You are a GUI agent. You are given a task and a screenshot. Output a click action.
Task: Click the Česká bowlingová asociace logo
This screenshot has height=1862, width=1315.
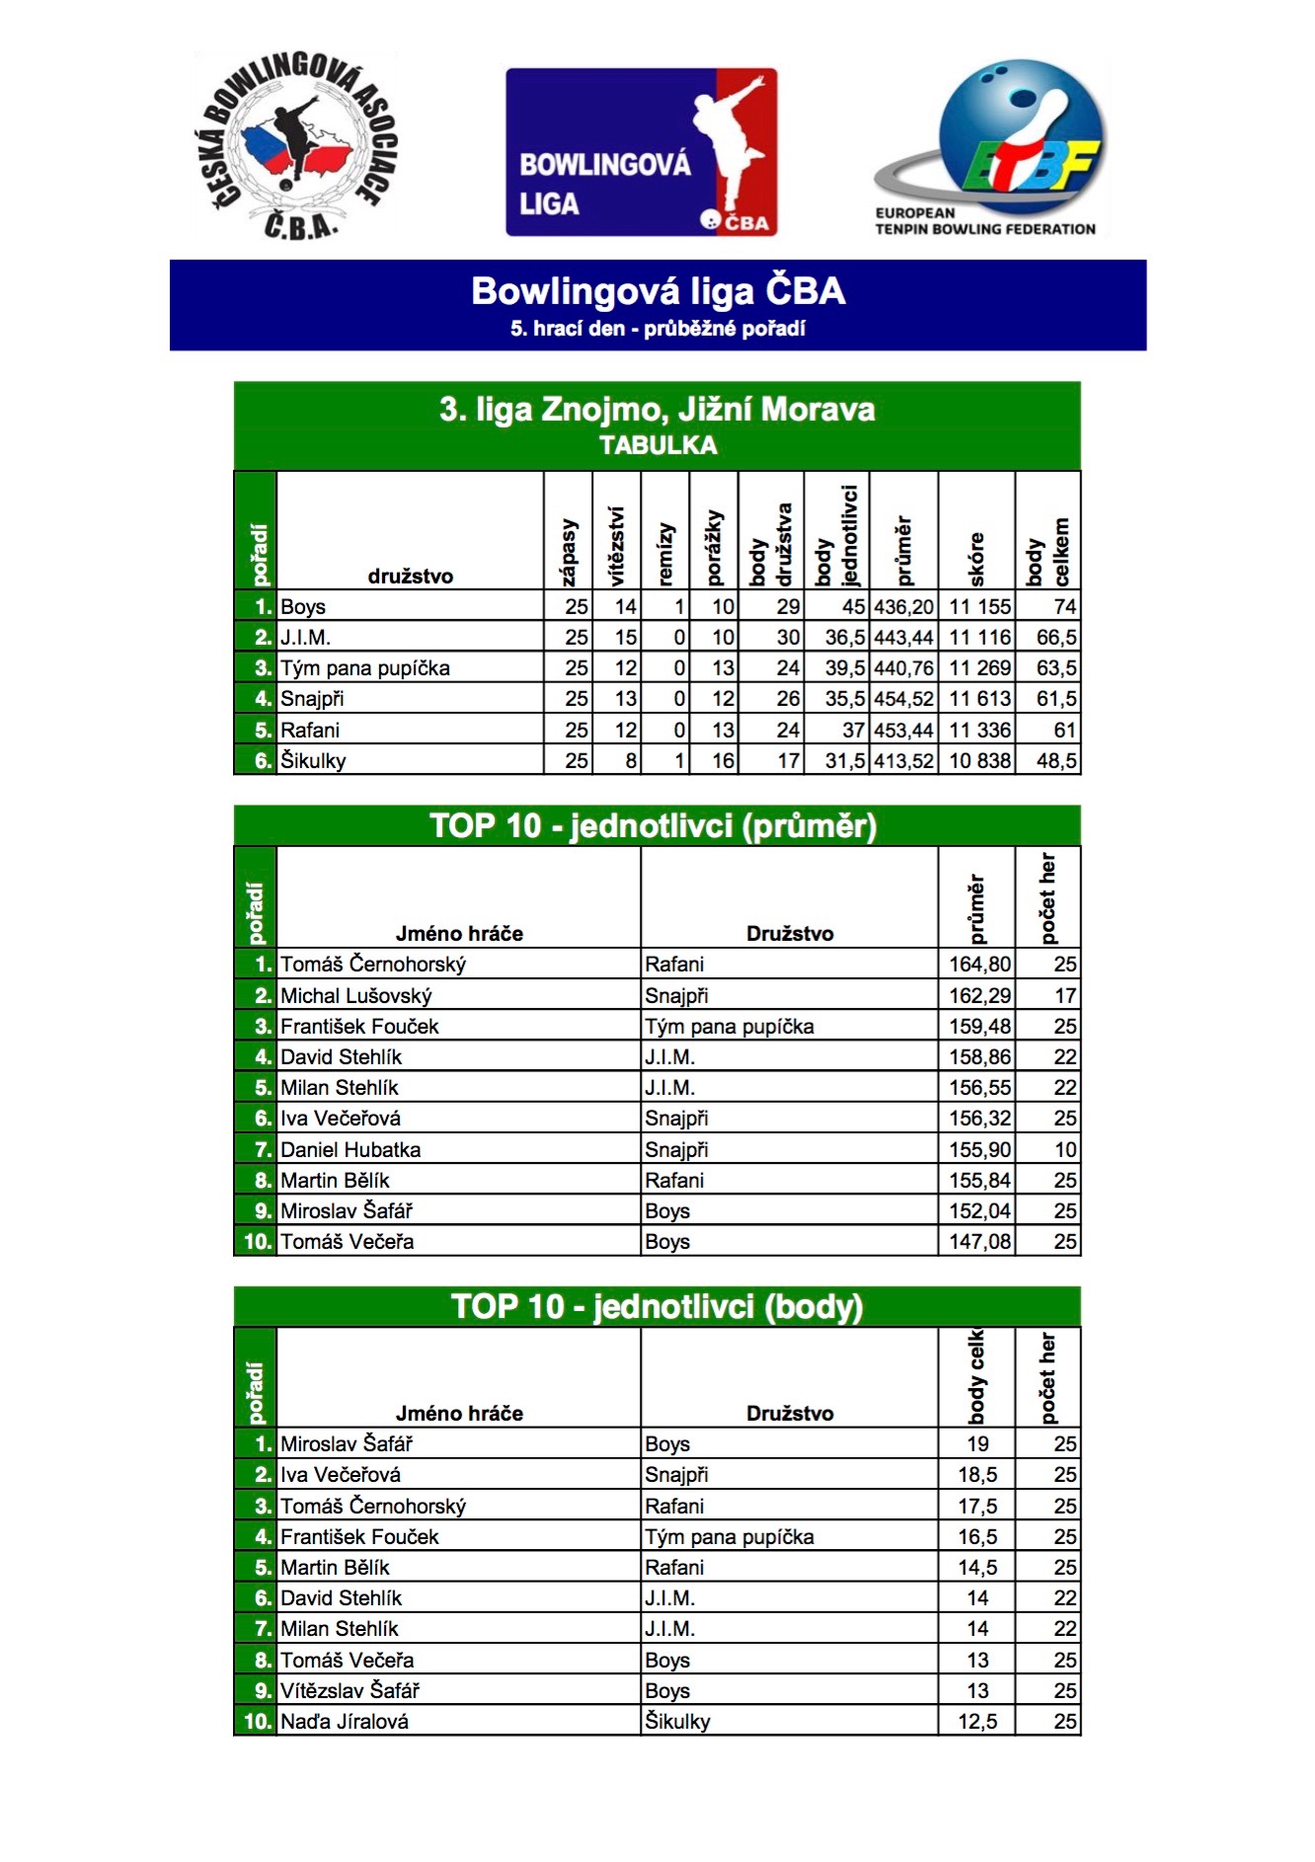[296, 146]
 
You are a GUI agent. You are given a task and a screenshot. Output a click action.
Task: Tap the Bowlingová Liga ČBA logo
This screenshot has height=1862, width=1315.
[642, 152]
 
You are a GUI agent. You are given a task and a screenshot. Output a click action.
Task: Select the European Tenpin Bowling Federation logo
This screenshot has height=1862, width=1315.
[987, 148]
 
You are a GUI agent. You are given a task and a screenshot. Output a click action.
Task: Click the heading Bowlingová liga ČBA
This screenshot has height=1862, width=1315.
[657, 291]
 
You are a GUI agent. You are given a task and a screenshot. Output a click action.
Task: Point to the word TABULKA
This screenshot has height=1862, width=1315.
[657, 446]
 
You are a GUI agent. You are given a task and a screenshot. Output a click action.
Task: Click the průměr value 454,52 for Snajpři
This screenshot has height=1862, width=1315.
[903, 699]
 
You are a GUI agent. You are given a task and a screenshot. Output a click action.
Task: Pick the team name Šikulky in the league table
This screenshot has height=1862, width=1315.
[313, 761]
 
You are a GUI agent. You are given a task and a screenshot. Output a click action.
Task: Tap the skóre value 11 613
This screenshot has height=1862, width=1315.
[979, 699]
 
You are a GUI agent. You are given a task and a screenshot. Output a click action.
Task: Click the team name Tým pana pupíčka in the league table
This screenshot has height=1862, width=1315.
[365, 668]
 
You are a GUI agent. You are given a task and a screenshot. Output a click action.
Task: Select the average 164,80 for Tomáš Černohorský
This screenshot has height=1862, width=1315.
[979, 965]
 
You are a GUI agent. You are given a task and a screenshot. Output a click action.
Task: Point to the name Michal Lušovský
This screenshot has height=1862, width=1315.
[356, 996]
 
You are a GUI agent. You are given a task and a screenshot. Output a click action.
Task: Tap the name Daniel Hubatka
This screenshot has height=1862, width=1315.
[350, 1150]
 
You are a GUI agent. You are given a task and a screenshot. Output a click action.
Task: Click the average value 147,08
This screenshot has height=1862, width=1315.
[979, 1242]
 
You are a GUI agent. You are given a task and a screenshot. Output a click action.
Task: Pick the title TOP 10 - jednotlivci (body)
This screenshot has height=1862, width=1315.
[657, 1307]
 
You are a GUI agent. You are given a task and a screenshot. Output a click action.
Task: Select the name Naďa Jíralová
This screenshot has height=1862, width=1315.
[345, 1722]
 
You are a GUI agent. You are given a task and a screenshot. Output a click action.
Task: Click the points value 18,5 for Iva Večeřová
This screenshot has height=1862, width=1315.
[977, 1475]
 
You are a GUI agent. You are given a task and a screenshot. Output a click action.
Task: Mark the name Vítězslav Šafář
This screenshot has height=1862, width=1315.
[350, 1691]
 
